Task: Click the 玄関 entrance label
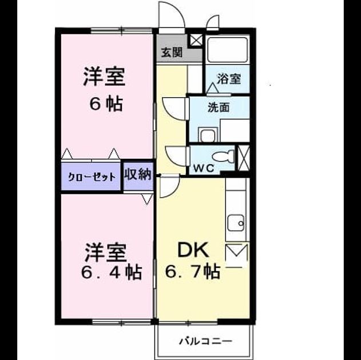pos(172,53)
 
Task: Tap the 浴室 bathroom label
pos(229,79)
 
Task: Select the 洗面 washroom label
pos(219,107)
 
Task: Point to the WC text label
pos(204,169)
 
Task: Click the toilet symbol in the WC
pos(224,157)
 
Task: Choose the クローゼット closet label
pos(92,177)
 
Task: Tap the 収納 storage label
pos(138,174)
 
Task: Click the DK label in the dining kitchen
pos(193,250)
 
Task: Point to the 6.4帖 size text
pos(112,272)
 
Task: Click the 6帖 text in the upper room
pos(106,104)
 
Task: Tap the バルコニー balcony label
pos(206,341)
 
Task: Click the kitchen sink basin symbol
pos(236,223)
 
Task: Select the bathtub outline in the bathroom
pos(228,49)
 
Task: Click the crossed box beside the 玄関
pos(196,41)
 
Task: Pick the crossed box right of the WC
pos(244,158)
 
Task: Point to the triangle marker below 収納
pos(147,199)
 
